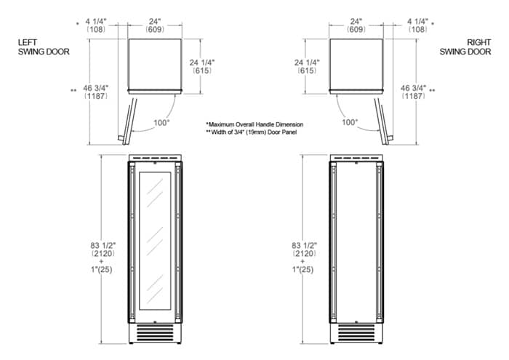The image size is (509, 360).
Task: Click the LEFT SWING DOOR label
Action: (x=44, y=47)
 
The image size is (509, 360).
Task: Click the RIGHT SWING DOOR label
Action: (x=465, y=47)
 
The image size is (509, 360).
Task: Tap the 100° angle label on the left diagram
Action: (x=161, y=123)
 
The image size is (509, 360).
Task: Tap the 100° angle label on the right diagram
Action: (x=350, y=122)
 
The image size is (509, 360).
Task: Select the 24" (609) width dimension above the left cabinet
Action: (x=154, y=25)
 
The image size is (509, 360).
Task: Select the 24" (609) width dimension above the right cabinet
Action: (x=356, y=25)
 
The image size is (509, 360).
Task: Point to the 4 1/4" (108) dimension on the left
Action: (x=96, y=25)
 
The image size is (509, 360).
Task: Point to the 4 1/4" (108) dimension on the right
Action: (x=417, y=25)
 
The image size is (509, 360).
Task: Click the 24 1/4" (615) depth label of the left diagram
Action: (x=202, y=67)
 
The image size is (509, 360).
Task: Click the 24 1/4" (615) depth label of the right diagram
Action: (x=307, y=67)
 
